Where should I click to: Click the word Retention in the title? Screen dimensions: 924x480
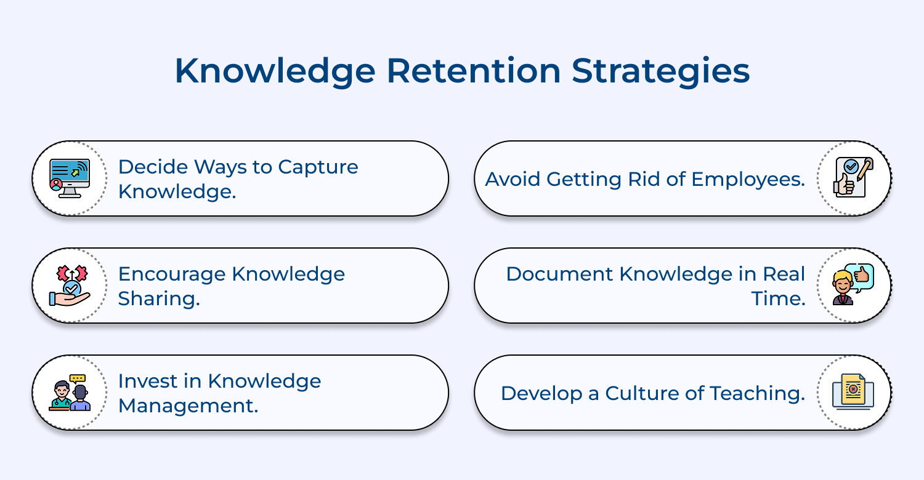pos(474,71)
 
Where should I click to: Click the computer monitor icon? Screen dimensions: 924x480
pos(70,178)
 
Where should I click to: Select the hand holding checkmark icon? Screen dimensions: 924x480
pos(70,286)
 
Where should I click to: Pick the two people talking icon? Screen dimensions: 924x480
pos(70,393)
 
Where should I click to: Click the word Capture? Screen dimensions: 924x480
pos(318,167)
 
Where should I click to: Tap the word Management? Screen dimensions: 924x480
pos(188,406)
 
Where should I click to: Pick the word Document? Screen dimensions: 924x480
pos(560,274)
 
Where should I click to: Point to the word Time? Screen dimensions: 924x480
pos(779,298)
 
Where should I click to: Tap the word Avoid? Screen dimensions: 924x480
pos(513,179)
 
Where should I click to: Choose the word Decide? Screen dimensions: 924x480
pos(153,167)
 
